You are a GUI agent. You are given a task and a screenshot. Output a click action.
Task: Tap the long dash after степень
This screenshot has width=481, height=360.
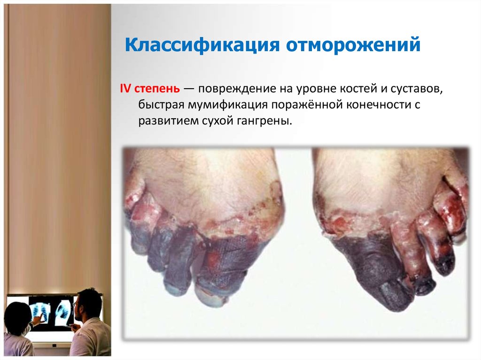pyautogui.click(x=190, y=88)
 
